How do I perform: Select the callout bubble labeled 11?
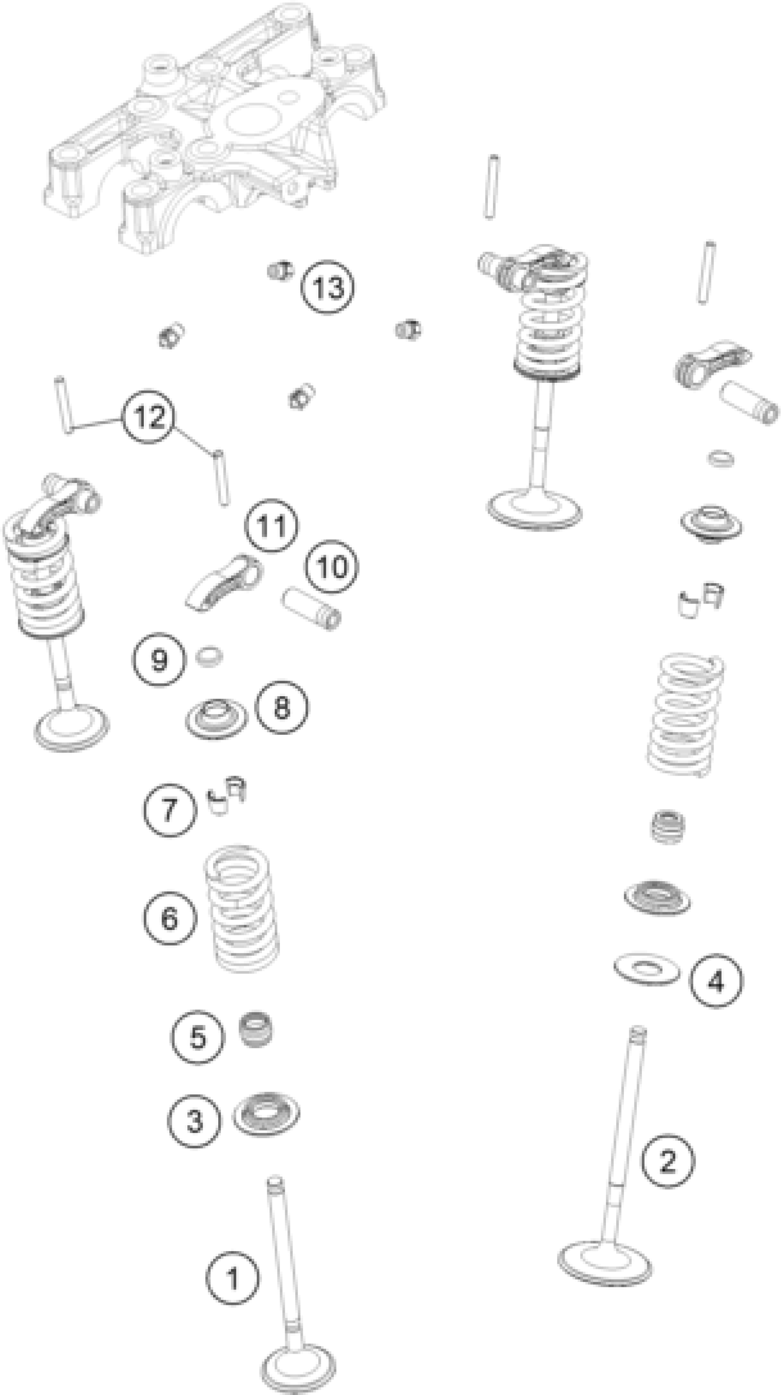tap(271, 525)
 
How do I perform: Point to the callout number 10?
tap(331, 567)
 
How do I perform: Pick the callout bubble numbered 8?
tap(282, 707)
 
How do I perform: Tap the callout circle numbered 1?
tap(232, 1279)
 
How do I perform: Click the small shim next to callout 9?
tap(209, 656)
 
